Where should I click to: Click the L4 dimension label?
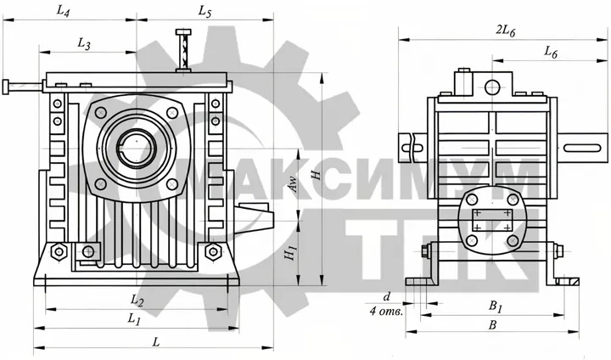coord(63,11)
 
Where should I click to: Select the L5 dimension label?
coord(205,11)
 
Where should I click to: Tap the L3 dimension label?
coord(84,43)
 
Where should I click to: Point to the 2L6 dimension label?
coord(506,31)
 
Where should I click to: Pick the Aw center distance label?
coord(294,184)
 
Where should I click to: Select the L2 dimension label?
coord(137,300)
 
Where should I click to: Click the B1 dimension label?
coord(496,307)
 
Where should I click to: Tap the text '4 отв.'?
coord(386,312)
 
